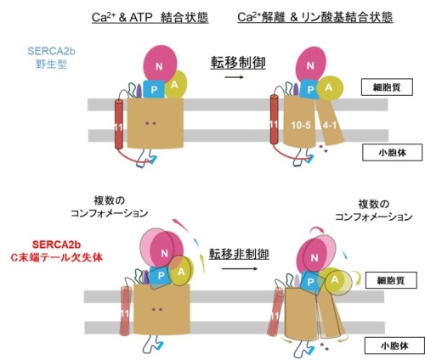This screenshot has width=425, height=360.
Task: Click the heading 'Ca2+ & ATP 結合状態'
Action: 150,18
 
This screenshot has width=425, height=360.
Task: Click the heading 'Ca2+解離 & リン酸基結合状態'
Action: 315,17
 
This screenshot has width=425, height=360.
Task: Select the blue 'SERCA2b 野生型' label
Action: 51,58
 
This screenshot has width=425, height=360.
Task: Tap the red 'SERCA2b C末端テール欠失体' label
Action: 56,251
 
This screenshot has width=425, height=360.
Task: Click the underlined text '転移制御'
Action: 238,63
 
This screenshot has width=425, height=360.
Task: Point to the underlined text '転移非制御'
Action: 239,253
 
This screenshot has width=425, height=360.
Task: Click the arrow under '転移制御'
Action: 235,77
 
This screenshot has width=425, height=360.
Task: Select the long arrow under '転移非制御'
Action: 240,268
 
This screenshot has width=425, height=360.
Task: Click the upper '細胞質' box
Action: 387,87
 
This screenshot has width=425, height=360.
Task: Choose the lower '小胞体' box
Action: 394,346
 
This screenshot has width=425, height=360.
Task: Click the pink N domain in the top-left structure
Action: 160,64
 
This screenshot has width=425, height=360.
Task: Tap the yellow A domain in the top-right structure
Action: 330,88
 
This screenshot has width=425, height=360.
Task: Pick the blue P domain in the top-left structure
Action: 154,89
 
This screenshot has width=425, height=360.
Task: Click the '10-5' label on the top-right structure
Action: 301,125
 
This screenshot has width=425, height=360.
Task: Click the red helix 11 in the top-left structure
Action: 119,124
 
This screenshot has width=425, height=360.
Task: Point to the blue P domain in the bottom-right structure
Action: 311,282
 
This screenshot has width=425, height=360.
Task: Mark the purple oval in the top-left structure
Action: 139,91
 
